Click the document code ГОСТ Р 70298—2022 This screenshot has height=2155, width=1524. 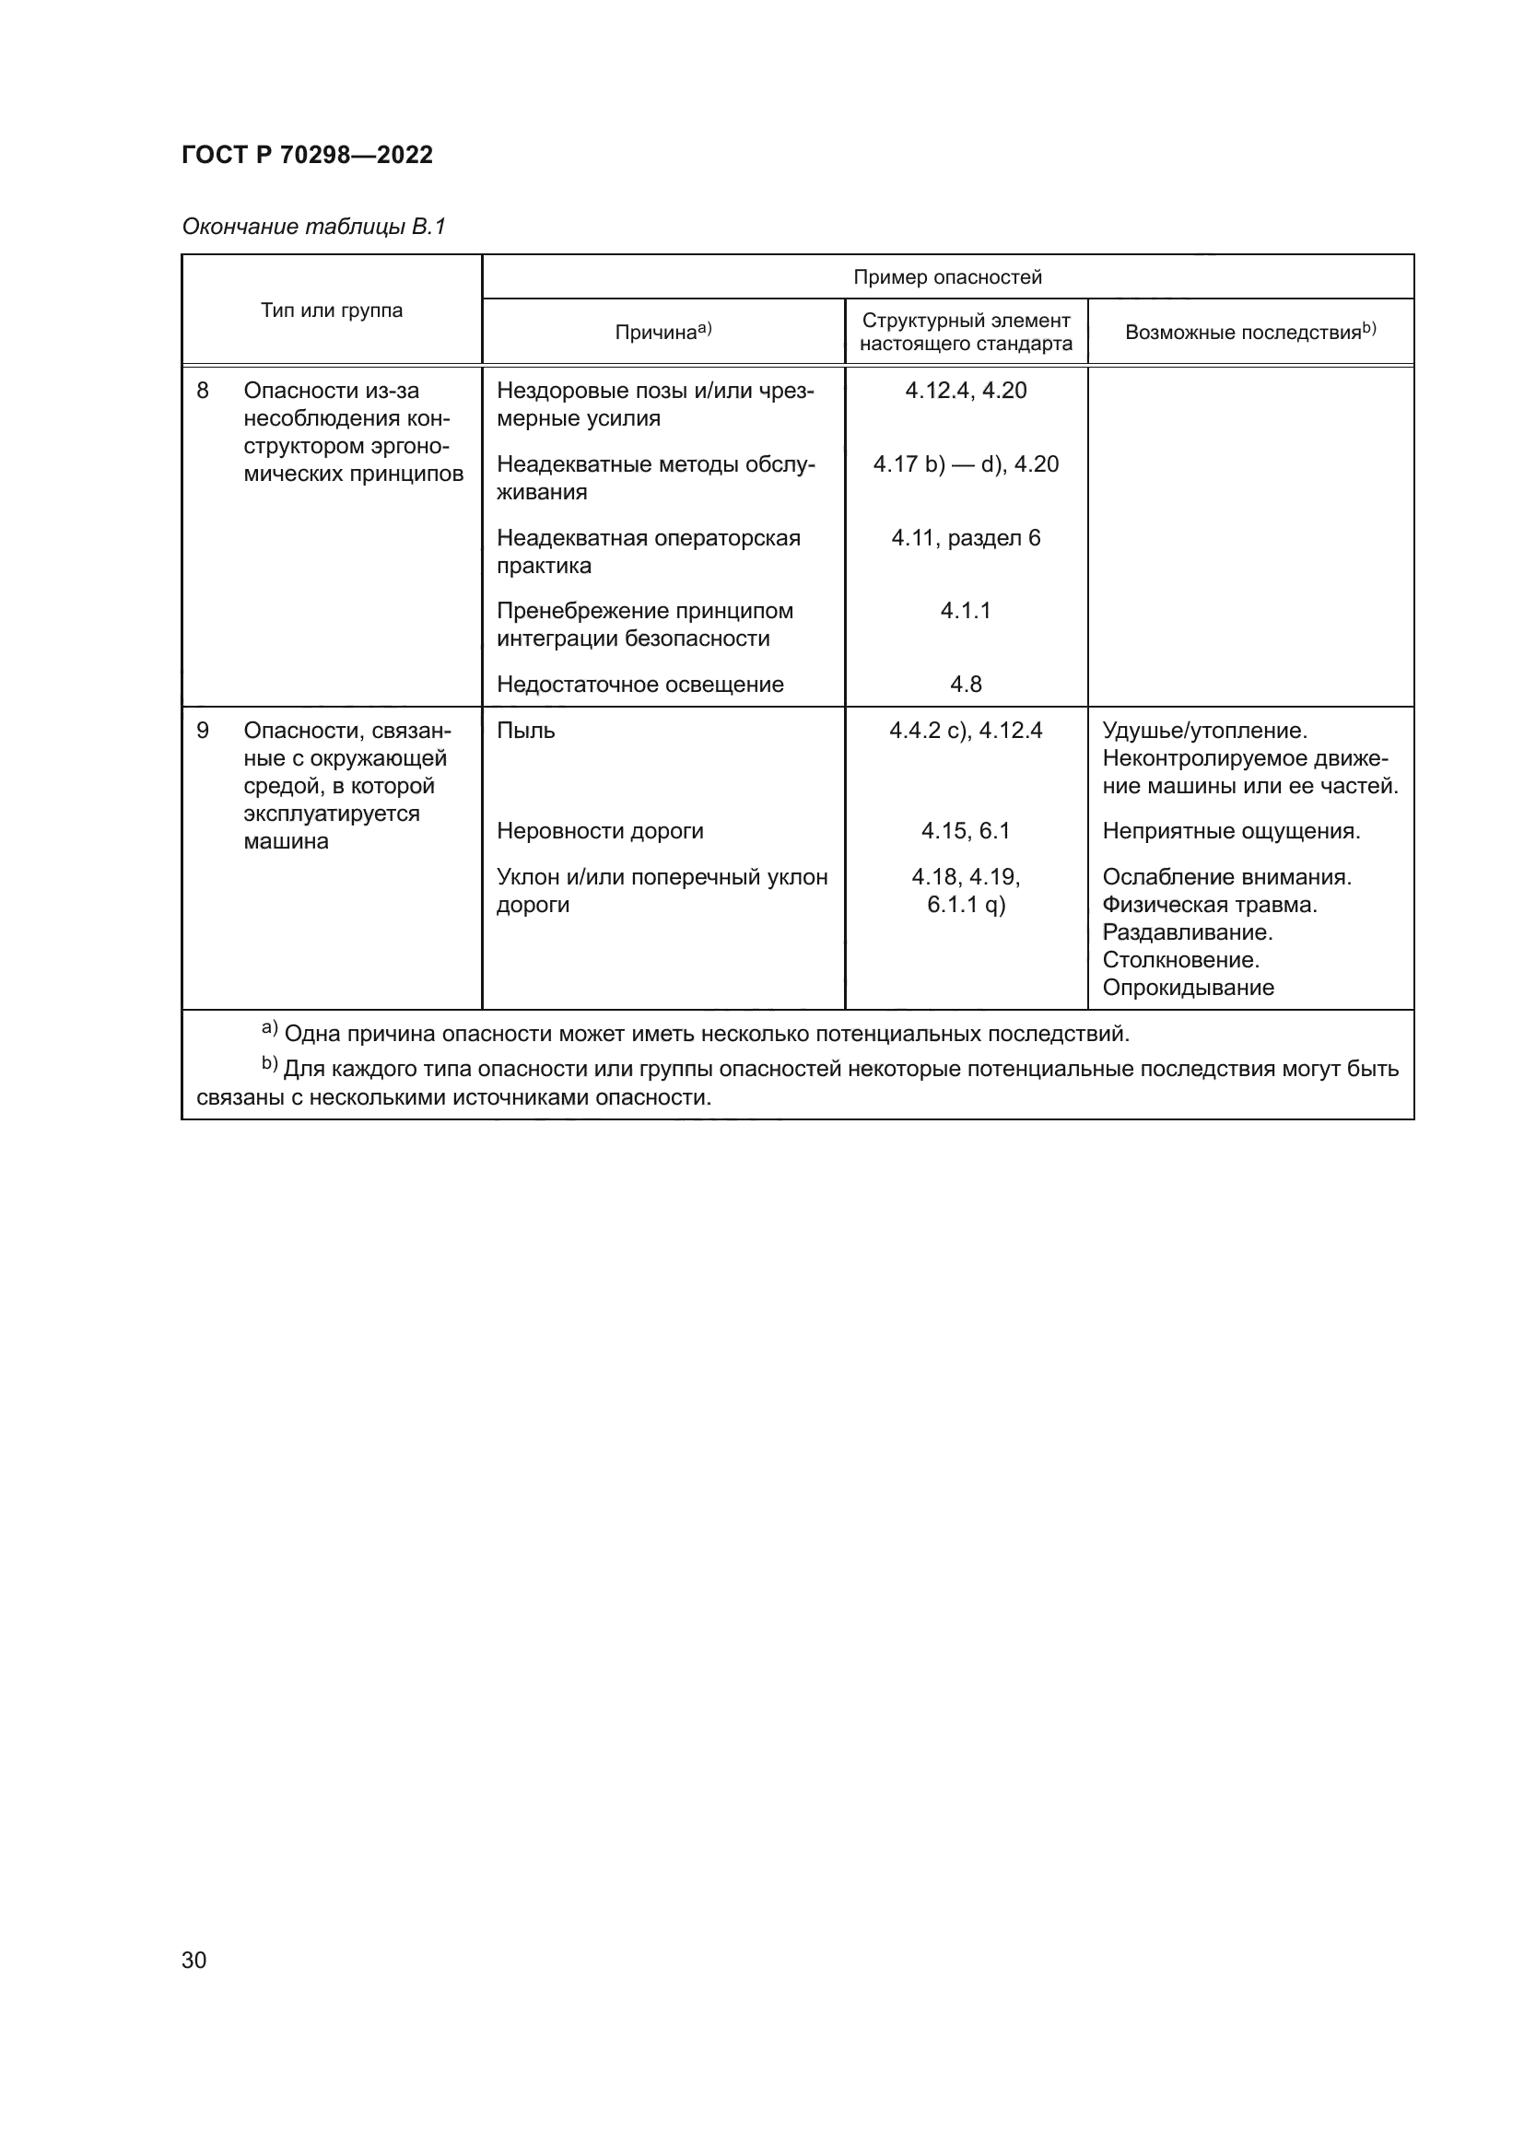(307, 155)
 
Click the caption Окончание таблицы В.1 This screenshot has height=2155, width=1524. (313, 227)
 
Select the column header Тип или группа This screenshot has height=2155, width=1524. (332, 310)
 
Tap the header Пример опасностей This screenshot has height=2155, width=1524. (947, 277)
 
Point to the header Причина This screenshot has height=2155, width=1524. (662, 333)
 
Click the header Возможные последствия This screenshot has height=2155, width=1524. (1249, 333)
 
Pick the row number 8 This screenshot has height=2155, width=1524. (203, 391)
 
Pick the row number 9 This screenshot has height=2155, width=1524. (203, 731)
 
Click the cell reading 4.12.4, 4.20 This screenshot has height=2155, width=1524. (966, 391)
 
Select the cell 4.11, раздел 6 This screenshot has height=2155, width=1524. (966, 538)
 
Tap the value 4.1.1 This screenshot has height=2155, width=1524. (966, 611)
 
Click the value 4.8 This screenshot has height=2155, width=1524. (966, 685)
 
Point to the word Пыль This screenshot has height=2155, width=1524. (525, 731)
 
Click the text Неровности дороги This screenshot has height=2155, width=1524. (600, 831)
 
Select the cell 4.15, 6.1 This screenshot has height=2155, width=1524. (966, 831)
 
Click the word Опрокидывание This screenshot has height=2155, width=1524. (1188, 988)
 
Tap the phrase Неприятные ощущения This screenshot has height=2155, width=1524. (1230, 831)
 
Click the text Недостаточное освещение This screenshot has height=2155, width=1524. (640, 685)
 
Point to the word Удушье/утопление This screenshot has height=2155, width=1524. (1205, 731)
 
